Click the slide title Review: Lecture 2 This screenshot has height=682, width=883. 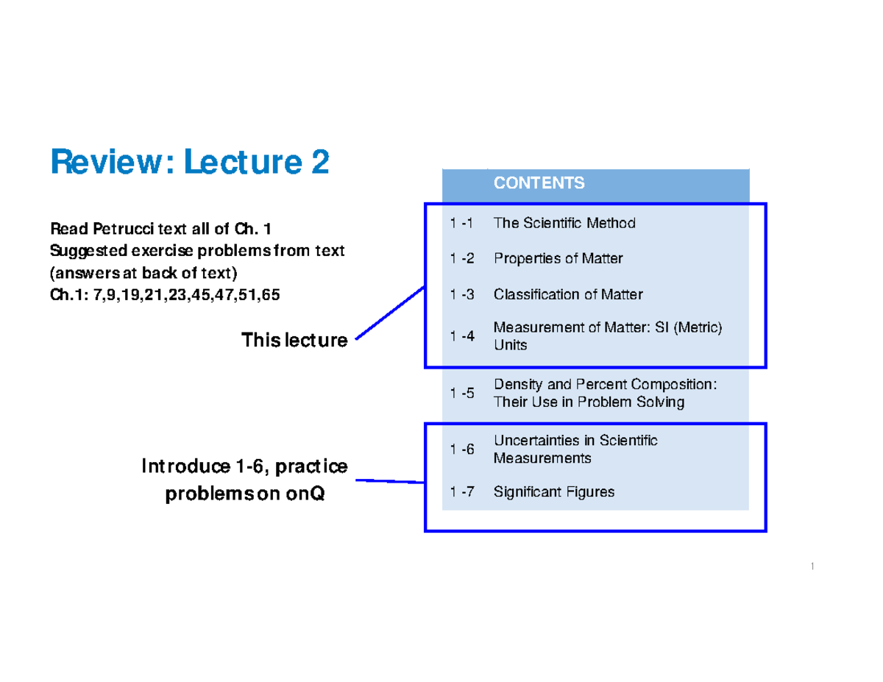coord(189,162)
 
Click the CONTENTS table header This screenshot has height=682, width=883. coord(539,183)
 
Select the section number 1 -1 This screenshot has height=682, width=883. coord(462,223)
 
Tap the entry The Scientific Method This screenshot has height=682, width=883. coord(564,223)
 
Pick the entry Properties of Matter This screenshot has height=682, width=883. coord(558,258)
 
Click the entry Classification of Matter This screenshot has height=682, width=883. coord(568,294)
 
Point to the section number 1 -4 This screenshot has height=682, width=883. coord(462,336)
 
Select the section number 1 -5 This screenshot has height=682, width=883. coord(462,393)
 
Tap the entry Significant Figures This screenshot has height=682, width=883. coord(554,491)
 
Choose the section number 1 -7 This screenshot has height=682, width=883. coord(462,491)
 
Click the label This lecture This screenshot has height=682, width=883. coord(294,340)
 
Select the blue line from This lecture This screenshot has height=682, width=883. coord(390,313)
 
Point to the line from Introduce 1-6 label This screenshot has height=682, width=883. coord(390,481)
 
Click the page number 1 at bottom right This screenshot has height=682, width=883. coord(811,566)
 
